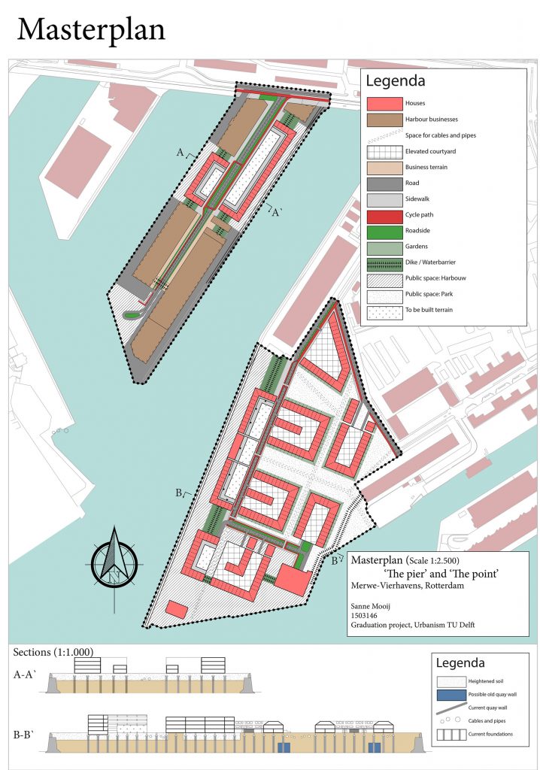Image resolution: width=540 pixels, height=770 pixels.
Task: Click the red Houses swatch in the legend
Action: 384,102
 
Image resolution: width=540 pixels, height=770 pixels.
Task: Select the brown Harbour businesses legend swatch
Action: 384,119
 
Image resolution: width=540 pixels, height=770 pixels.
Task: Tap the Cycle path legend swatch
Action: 384,214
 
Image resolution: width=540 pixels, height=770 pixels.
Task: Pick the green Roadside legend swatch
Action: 384,230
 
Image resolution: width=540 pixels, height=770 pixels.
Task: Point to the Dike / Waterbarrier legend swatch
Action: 384,262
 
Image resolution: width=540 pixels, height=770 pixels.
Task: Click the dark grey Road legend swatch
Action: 384,183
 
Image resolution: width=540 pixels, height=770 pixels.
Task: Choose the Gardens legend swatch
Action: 384,247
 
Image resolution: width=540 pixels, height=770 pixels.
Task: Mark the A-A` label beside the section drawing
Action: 29,675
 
